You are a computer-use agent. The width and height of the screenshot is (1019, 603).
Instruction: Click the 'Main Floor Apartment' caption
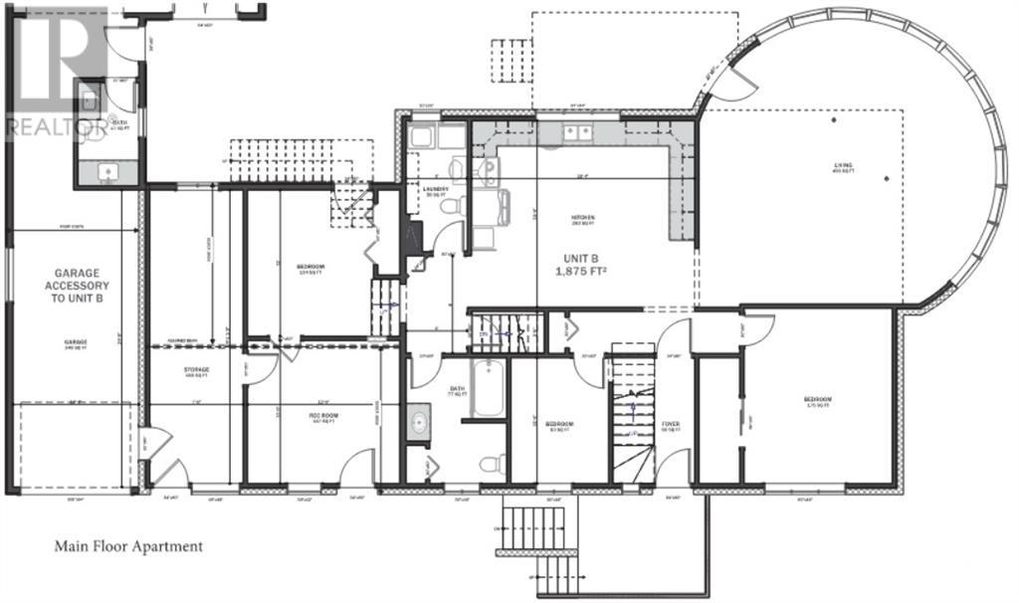[x=127, y=546]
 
